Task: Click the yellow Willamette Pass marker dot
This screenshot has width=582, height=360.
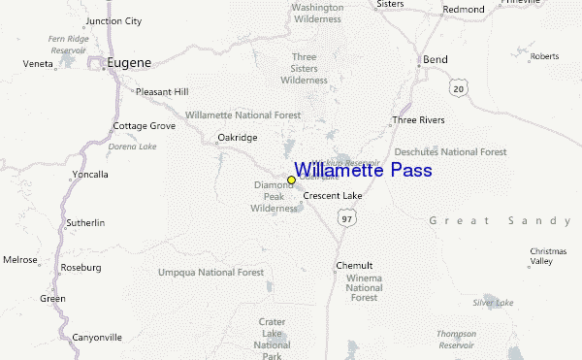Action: (291, 180)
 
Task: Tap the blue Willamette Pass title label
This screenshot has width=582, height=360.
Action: (364, 171)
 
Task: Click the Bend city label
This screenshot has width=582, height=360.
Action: (435, 60)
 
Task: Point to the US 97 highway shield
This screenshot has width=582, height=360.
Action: (346, 220)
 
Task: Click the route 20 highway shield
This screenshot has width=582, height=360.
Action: (459, 88)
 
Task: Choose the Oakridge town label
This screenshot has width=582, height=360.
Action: (237, 138)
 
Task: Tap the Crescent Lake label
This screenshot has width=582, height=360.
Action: (333, 196)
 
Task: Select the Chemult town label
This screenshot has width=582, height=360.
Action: (354, 266)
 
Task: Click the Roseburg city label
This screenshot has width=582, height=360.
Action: (81, 266)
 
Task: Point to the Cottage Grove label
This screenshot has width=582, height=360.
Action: (145, 126)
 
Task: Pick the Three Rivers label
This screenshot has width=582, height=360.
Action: (418, 120)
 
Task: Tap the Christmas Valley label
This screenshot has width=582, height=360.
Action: (541, 256)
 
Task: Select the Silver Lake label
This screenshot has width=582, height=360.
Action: (493, 303)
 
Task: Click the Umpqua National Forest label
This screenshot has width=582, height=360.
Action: (210, 273)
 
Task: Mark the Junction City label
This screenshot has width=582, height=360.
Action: (113, 20)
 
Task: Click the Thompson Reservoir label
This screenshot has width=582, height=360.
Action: (456, 339)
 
